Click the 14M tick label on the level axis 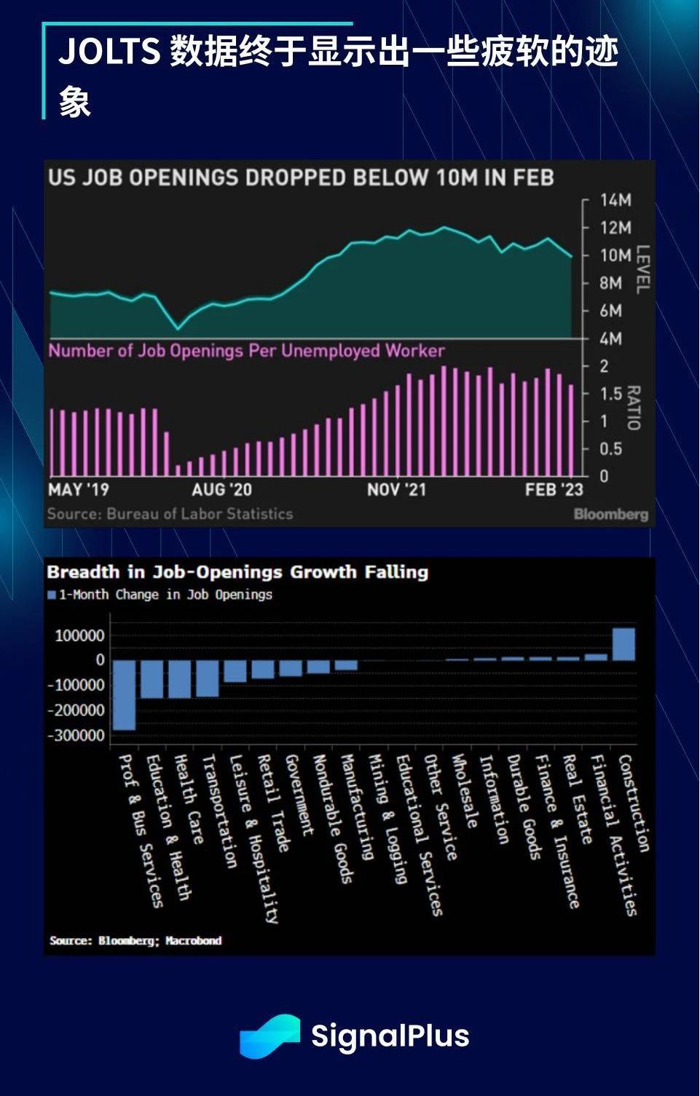point(615,200)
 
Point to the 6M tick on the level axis point(610,311)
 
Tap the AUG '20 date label point(221,490)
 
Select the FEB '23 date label point(554,490)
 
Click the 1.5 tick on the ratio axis point(611,394)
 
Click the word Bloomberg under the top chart point(610,515)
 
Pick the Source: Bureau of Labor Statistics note point(170,514)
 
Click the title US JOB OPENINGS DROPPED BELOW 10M point(301,178)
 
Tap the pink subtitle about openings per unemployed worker point(246,351)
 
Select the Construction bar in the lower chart point(624,644)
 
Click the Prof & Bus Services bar point(125,695)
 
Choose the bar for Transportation point(208,678)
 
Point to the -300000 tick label point(76,736)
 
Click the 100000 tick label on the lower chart point(79,636)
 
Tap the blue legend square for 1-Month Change point(52,595)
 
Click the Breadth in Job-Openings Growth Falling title point(237,572)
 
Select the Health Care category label point(188,799)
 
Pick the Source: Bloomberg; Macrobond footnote point(135,941)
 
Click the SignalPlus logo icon point(270,1036)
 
